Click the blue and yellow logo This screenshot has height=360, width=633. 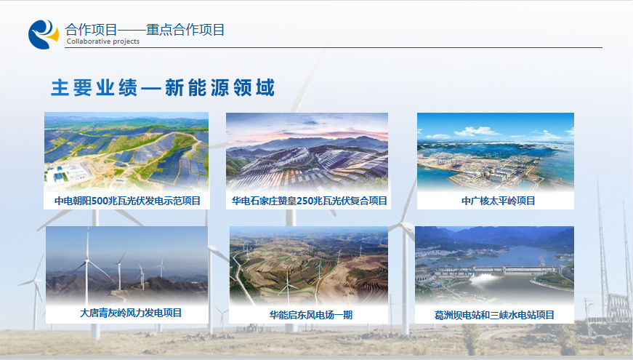43,34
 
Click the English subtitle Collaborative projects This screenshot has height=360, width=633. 103,41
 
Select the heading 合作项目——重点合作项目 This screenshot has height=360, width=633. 145,30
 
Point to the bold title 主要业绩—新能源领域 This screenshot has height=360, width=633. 163,88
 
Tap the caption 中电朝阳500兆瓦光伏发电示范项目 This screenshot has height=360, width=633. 128,201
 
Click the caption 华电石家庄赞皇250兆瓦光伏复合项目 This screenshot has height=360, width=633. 310,201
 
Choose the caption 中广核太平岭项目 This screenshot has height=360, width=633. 498,201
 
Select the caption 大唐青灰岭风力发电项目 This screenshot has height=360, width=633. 131,313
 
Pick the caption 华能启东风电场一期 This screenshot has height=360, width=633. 311,315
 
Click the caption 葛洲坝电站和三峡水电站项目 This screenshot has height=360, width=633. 494,315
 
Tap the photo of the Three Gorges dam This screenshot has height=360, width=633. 494,265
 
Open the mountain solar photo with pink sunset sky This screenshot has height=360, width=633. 307,151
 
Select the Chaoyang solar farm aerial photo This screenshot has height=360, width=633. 126,151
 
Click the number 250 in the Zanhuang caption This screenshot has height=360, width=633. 305,201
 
